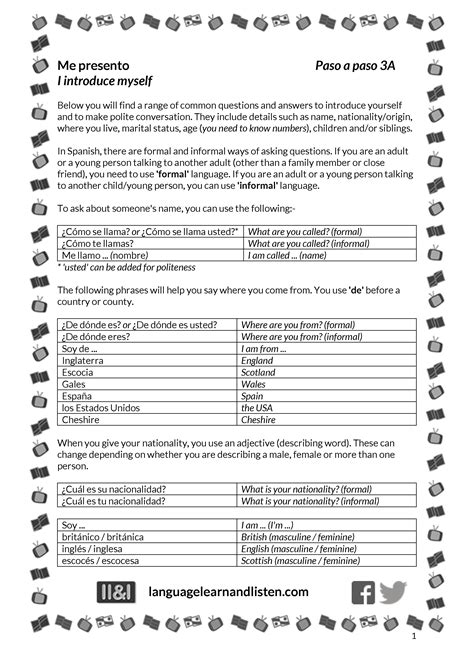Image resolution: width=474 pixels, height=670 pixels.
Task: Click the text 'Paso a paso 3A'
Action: pos(356,66)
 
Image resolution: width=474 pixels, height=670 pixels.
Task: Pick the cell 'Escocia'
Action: pos(79,372)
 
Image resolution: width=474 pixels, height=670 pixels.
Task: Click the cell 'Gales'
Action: pos(74,384)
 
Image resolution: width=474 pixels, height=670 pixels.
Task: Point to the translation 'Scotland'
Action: pos(258,372)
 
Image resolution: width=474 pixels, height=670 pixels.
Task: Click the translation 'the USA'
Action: pos(256,408)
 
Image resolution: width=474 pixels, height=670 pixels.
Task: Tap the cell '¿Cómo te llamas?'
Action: pos(97,243)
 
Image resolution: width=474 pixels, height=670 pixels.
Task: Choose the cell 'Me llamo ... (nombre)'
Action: pos(105,255)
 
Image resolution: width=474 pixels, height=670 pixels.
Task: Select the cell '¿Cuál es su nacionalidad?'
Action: pos(113,489)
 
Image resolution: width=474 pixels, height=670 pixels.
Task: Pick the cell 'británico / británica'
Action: pos(104,537)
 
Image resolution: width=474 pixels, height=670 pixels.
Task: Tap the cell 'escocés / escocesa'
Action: pos(101,561)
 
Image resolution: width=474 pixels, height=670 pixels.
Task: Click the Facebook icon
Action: pos(364,593)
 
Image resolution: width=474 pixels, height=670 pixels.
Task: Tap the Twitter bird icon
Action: pos(393,593)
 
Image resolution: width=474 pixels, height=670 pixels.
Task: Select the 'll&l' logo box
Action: pos(117,593)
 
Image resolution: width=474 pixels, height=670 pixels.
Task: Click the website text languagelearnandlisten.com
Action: pos(228,593)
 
